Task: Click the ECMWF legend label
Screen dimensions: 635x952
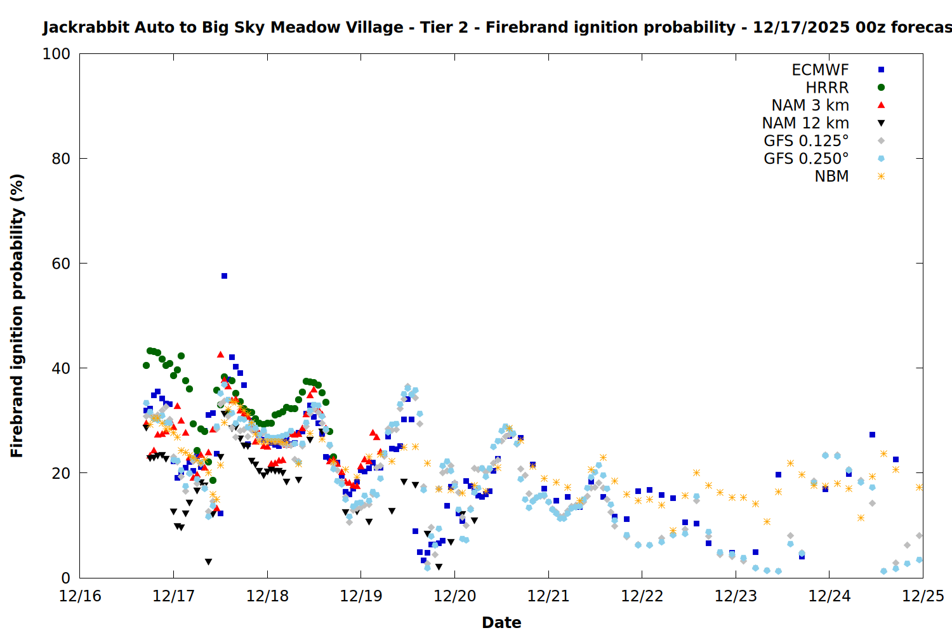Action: coord(820,70)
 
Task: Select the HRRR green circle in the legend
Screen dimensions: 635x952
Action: coord(881,88)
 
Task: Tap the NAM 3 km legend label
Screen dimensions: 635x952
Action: coord(810,105)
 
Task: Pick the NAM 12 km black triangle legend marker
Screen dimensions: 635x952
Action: coord(881,123)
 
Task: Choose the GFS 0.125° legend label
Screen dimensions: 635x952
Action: coord(806,141)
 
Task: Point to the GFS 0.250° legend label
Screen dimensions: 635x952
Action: coord(806,159)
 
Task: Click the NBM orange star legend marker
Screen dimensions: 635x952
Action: coord(881,177)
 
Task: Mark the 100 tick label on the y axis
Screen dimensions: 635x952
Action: coord(56,54)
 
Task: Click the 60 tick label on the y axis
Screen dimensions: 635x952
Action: coord(61,264)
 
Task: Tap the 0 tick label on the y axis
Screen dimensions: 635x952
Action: coord(65,578)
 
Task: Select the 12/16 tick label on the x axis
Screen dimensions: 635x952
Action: coord(80,596)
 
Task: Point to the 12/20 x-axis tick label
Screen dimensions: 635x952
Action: coord(454,596)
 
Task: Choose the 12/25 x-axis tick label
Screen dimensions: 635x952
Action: coord(923,596)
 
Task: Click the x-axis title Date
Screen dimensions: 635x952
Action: coord(501,622)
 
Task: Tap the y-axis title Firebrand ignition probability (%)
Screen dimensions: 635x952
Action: coord(17,316)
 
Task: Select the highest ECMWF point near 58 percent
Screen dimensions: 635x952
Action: coord(224,276)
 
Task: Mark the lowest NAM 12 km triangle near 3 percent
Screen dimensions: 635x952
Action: coord(208,562)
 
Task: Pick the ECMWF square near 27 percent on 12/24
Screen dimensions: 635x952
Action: coord(872,435)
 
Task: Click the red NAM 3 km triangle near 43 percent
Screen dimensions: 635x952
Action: coord(220,354)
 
